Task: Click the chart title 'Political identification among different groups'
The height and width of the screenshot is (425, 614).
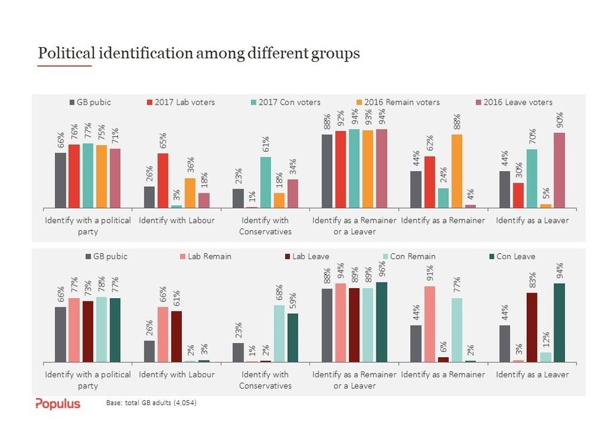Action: click(x=199, y=53)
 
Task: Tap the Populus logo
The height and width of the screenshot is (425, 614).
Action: click(x=58, y=404)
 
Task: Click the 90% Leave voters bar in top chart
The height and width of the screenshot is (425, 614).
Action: click(x=559, y=170)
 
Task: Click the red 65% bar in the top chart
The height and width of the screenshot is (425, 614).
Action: click(x=163, y=181)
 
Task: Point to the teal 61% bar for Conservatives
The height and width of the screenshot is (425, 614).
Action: click(x=266, y=182)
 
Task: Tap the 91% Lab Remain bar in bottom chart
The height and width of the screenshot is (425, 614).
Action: click(x=429, y=324)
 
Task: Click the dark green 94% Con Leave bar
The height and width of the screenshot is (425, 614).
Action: click(x=559, y=323)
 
